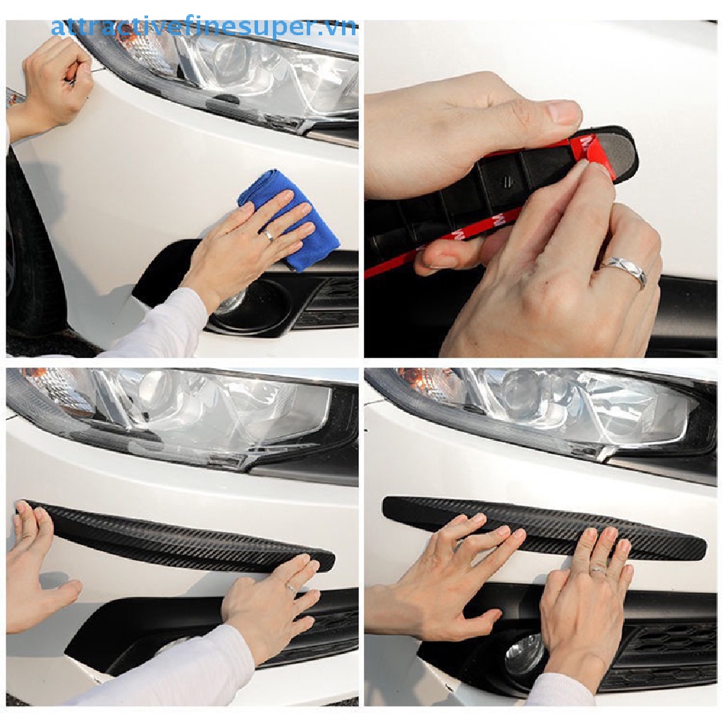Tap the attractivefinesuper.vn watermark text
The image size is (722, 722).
click(204, 28)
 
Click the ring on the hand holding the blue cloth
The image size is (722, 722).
click(269, 235)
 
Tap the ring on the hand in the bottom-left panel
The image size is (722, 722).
click(290, 587)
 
